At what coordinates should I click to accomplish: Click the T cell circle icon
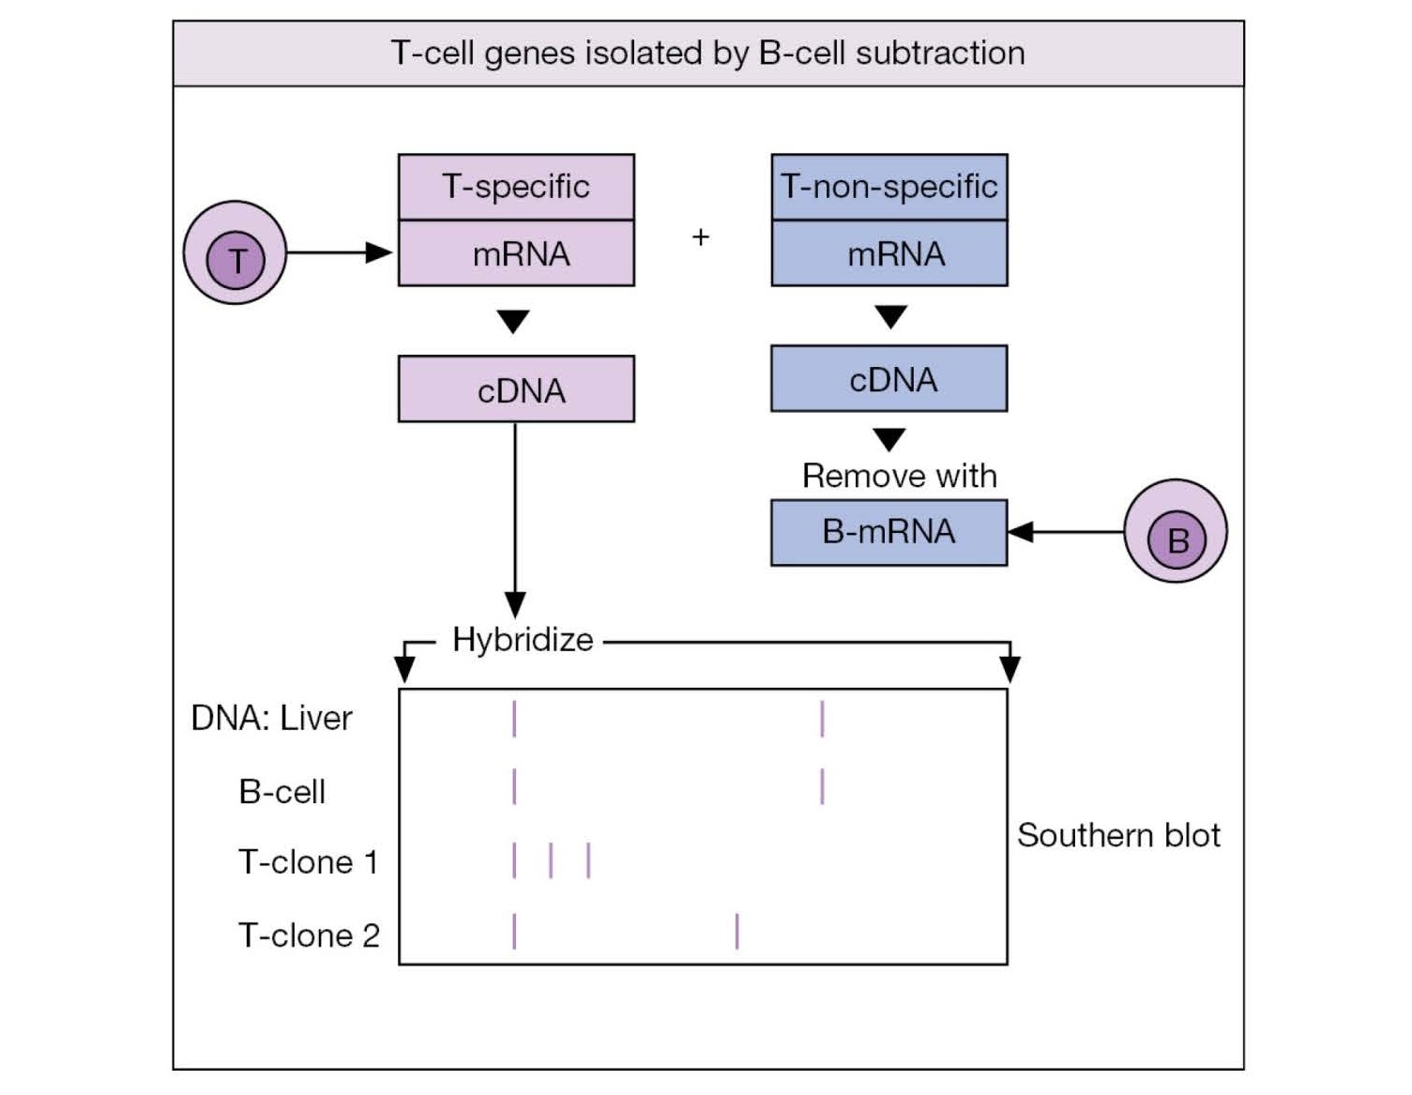(x=235, y=252)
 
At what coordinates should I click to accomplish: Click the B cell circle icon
(x=1175, y=531)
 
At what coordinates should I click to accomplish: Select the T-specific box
(x=516, y=188)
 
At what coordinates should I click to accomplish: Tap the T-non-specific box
(x=888, y=188)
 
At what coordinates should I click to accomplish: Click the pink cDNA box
(x=516, y=389)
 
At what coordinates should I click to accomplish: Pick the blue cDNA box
(x=888, y=379)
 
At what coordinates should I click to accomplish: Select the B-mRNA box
(x=888, y=532)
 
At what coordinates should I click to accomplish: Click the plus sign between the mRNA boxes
(x=701, y=237)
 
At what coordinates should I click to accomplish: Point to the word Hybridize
(x=523, y=640)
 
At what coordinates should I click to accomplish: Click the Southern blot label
(x=1118, y=835)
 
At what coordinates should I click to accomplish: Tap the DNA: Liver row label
(x=271, y=719)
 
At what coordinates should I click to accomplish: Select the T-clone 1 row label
(x=308, y=862)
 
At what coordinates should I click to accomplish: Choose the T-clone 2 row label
(x=309, y=935)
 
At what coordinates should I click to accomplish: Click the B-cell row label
(x=281, y=792)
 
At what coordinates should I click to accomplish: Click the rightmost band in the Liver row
(x=822, y=719)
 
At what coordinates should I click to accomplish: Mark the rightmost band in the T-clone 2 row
(x=737, y=931)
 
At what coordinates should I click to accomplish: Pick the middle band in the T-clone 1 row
(x=551, y=860)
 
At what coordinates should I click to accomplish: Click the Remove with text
(x=899, y=477)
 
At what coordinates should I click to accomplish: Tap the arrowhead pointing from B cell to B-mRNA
(x=1021, y=532)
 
